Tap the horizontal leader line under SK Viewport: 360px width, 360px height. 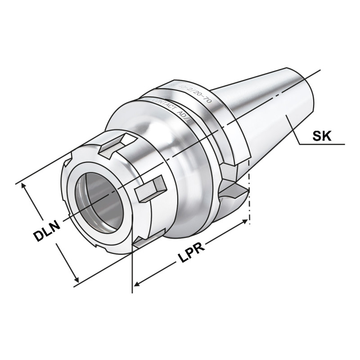pyautogui.click(x=322, y=144)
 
